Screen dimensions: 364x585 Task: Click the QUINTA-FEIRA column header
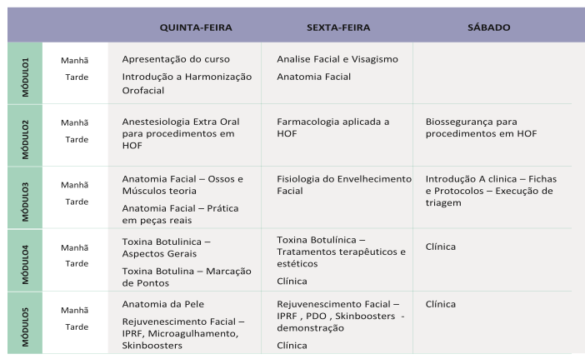click(x=195, y=27)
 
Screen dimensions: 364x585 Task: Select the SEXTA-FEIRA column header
click(x=338, y=27)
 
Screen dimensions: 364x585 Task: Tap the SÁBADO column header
click(x=489, y=27)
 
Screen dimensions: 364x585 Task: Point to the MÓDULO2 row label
click(x=25, y=135)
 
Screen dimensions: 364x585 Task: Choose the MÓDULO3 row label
click(x=25, y=197)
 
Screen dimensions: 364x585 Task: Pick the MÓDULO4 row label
click(x=25, y=259)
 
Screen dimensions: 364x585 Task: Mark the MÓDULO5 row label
click(x=25, y=322)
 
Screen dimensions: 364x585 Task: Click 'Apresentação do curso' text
click(x=176, y=59)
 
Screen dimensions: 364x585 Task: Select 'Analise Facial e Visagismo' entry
click(x=337, y=59)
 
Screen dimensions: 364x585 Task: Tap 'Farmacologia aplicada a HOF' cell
click(x=333, y=127)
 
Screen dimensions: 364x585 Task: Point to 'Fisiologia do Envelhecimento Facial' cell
click(x=344, y=184)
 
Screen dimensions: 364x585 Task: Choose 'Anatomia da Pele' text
click(x=162, y=304)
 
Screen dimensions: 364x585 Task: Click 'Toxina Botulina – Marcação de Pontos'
click(x=186, y=277)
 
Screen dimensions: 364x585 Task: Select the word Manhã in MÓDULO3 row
click(x=75, y=185)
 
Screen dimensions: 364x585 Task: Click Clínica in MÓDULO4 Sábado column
click(x=440, y=247)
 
